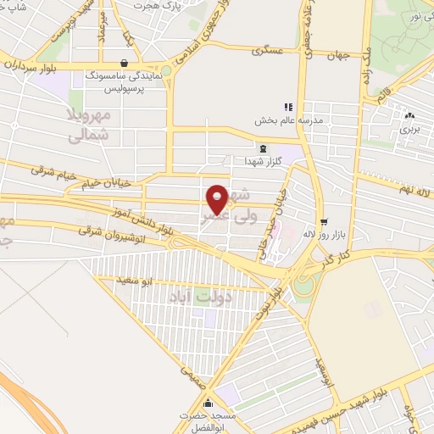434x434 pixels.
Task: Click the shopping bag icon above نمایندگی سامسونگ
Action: [x=125, y=62]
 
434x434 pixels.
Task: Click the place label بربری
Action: [x=409, y=130]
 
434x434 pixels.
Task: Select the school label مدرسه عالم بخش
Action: [x=287, y=120]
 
